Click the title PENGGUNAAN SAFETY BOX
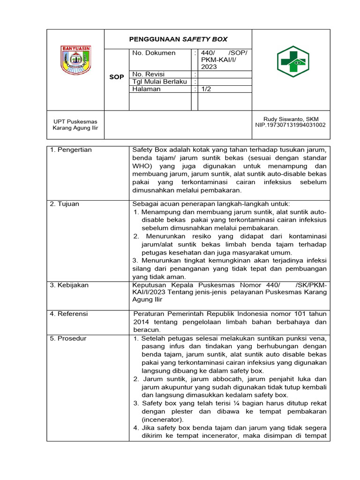tap(178, 39)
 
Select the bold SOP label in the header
tap(116, 77)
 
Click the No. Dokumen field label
tap(154, 53)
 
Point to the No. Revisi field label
tap(149, 74)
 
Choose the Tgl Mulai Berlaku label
tap(160, 82)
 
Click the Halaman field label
tap(146, 89)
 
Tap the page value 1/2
tap(206, 89)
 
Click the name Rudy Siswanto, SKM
tap(291, 119)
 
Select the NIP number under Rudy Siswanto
tap(291, 125)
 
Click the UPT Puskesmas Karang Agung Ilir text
tap(75, 125)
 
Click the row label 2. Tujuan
tap(65, 204)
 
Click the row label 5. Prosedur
tap(68, 338)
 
